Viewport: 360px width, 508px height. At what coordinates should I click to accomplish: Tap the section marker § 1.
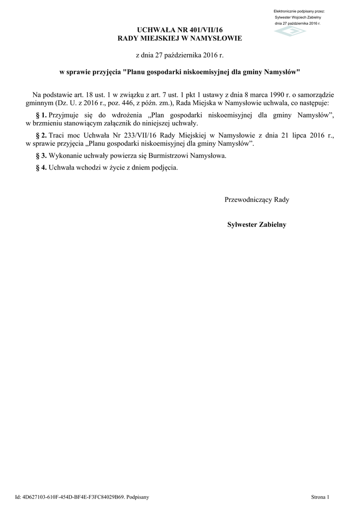(x=41, y=115)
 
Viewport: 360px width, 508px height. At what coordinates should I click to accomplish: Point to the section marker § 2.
(x=41, y=135)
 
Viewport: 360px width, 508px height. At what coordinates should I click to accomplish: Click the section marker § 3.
(x=41, y=155)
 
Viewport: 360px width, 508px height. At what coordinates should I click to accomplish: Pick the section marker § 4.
(x=41, y=167)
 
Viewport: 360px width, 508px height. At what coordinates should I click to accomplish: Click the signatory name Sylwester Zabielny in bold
(x=257, y=224)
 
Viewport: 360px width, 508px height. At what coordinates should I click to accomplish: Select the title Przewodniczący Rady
(x=257, y=200)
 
